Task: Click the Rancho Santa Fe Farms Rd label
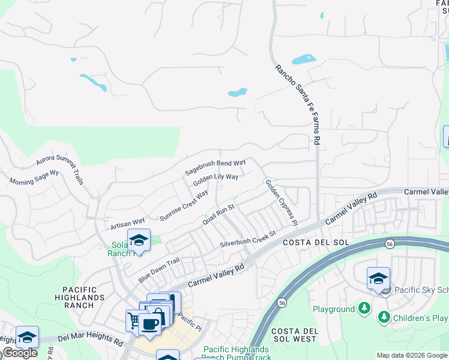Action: [297, 105]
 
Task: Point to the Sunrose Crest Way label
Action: [184, 205]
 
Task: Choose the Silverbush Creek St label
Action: [247, 239]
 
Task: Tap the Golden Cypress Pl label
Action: [281, 202]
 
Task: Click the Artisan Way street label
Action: [128, 224]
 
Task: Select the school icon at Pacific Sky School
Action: [378, 278]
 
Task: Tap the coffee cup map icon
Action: [149, 325]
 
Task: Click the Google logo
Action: [19, 353]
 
